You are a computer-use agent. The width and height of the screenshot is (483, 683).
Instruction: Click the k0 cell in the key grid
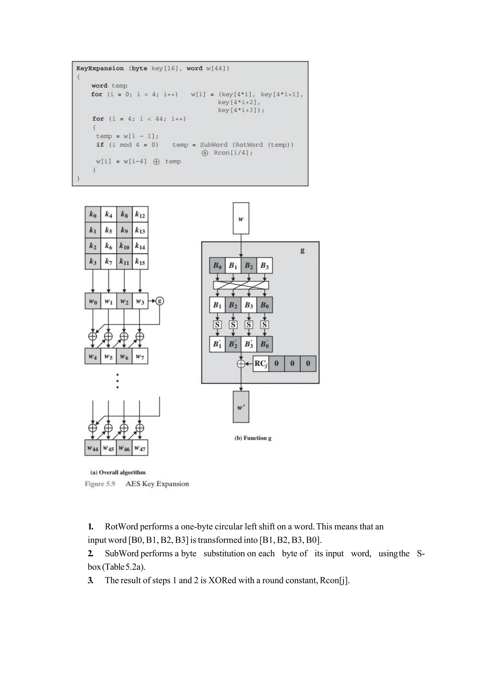click(x=93, y=214)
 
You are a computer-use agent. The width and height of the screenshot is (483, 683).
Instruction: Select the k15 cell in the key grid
click(x=140, y=262)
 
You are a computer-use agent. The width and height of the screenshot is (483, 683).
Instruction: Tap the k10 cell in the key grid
click(x=124, y=246)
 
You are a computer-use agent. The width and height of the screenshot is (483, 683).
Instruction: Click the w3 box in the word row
click(x=140, y=301)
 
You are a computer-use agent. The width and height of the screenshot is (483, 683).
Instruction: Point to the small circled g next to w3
click(x=160, y=301)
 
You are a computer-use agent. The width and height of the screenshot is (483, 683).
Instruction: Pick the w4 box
click(x=93, y=356)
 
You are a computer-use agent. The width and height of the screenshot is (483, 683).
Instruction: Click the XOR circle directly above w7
click(x=140, y=336)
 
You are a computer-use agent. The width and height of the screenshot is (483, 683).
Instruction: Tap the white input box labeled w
click(x=241, y=218)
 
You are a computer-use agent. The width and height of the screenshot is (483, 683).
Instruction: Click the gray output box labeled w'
click(x=241, y=407)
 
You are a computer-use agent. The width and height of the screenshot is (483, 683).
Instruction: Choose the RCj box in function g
click(x=261, y=363)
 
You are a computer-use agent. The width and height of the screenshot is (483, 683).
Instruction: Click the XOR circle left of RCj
click(x=241, y=363)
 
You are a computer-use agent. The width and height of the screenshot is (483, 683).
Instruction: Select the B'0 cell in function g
click(x=265, y=344)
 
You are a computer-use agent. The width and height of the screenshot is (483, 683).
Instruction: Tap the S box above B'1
click(x=217, y=325)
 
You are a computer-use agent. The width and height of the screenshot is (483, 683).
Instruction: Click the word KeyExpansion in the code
click(x=100, y=68)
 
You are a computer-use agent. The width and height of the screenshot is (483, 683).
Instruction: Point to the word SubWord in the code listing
click(x=213, y=145)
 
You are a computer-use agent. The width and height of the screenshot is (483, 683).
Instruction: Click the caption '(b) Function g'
click(x=253, y=438)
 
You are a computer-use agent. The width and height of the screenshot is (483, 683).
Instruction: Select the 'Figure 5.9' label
click(x=100, y=484)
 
